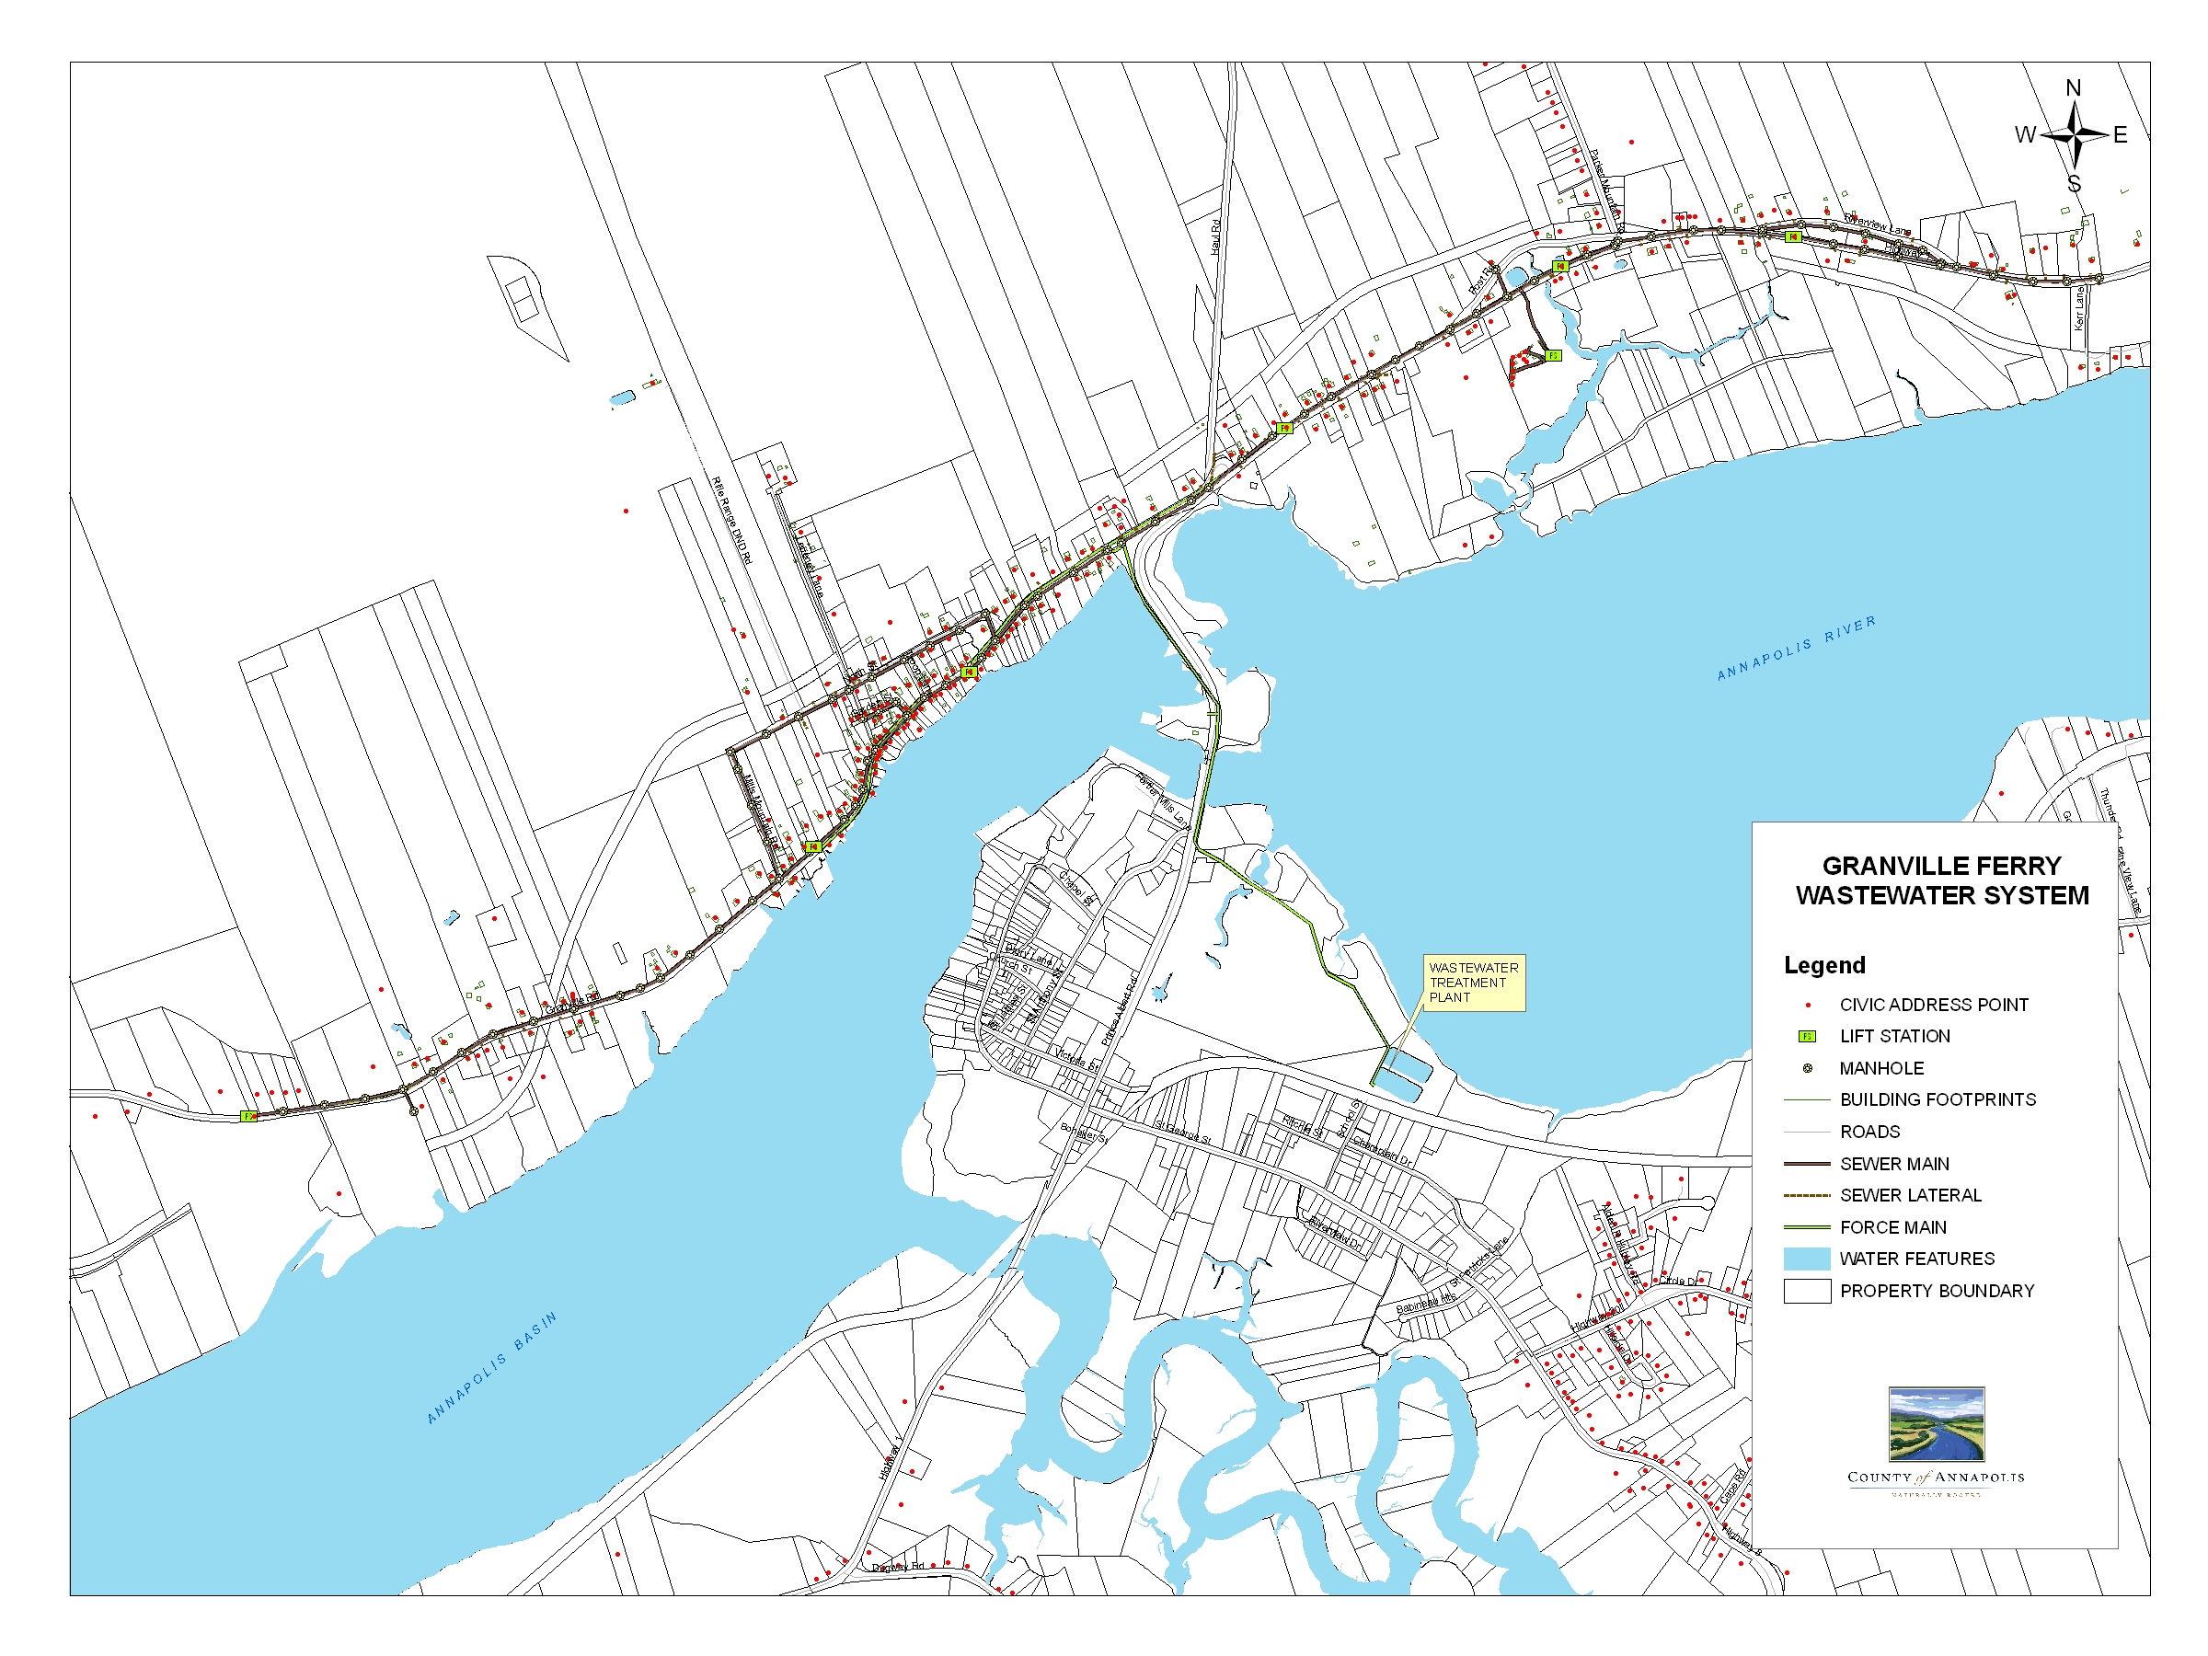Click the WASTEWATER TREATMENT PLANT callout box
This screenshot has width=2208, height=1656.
coord(1473,983)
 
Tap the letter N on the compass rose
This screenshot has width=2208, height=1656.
coord(2074,87)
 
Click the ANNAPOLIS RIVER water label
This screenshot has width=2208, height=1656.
coord(1796,648)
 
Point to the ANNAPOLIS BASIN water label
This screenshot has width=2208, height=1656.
coord(491,1366)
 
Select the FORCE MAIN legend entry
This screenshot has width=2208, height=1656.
coord(1892,1226)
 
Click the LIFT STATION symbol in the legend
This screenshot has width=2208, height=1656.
coord(1807,1036)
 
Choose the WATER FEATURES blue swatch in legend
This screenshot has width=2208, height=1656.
coord(1807,1259)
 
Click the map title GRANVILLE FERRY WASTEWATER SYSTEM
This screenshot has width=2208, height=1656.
coord(1941,880)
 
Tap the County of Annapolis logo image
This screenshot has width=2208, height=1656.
coord(1936,1424)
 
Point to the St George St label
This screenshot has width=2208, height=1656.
coord(1183,1132)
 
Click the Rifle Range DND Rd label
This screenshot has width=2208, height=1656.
coord(730,520)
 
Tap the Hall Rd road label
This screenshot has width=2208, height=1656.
coord(1216,236)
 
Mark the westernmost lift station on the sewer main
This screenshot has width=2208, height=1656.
coord(248,1116)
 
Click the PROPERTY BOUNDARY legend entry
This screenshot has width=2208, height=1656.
coord(1936,1291)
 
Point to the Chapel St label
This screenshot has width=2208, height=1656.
coord(1077,888)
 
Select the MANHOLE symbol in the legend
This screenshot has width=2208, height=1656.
coord(1808,1068)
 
